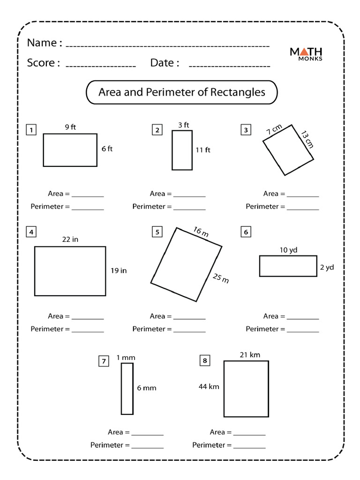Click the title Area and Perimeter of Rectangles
[181, 92]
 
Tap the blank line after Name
[167, 46]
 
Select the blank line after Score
[100, 66]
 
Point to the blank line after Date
[229, 66]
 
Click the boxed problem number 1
[31, 130]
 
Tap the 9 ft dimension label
[70, 127]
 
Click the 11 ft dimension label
[203, 150]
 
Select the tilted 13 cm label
[307, 139]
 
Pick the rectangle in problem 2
[182, 150]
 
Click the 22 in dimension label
[70, 239]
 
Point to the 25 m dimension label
[221, 278]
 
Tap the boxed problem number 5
[157, 232]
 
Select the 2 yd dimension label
[326, 267]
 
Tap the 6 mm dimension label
[147, 388]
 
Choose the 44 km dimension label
[209, 387]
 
